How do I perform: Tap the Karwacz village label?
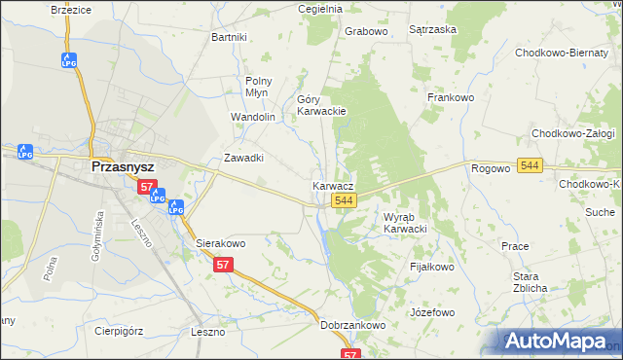(333, 185)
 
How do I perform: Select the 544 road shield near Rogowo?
(530, 166)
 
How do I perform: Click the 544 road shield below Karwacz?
(342, 200)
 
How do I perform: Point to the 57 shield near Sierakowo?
(224, 265)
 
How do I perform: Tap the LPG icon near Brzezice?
(68, 59)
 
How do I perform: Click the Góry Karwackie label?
(321, 105)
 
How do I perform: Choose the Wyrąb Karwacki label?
(406, 223)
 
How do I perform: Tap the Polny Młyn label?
(258, 87)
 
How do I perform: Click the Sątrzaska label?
(433, 30)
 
